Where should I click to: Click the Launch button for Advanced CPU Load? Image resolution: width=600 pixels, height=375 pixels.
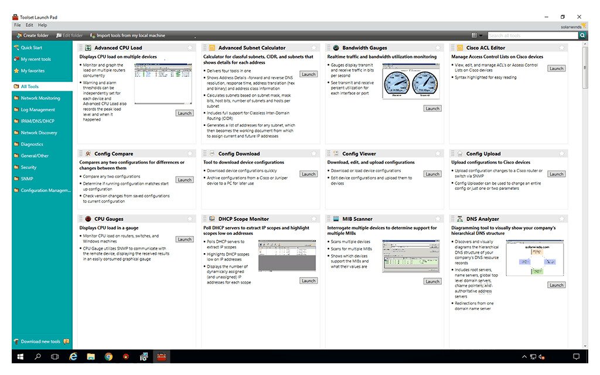[x=185, y=113]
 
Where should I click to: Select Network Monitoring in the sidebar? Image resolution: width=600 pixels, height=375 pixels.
[x=40, y=98]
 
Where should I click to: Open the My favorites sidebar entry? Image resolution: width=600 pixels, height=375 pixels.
[x=32, y=70]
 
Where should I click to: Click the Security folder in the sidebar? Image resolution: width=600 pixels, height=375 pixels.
[x=28, y=167]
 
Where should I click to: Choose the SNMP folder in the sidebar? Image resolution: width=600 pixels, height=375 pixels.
[x=26, y=179]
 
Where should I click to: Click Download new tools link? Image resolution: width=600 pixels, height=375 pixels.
[x=40, y=341]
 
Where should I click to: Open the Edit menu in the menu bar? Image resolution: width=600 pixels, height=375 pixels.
[x=29, y=25]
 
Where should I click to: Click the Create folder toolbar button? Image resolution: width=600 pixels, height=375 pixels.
[x=33, y=36]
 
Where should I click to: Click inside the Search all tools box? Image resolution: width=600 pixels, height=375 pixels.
[x=532, y=36]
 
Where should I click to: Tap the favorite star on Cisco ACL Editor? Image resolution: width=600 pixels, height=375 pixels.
[x=562, y=48]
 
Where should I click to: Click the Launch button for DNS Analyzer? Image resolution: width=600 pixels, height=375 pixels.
[x=557, y=285]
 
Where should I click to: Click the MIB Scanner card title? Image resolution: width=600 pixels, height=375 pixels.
[x=357, y=219]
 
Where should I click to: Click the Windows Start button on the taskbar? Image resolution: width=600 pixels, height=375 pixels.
[x=20, y=356]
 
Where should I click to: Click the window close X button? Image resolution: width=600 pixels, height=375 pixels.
[x=579, y=17]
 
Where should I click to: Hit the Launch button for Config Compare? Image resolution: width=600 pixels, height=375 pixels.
[x=185, y=180]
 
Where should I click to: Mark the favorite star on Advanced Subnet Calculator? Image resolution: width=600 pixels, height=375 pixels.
[x=314, y=48]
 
